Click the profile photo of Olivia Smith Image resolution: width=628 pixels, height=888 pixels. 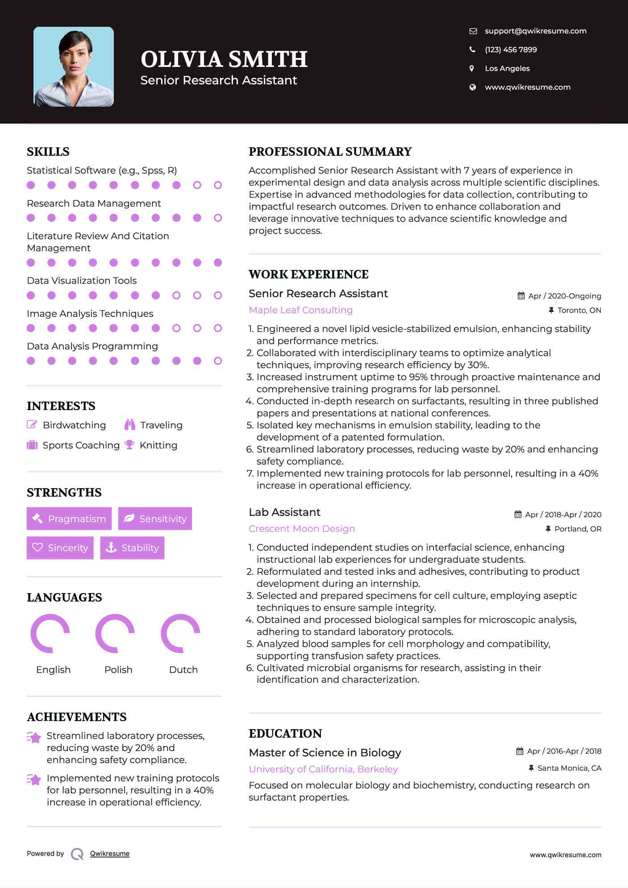coord(74,66)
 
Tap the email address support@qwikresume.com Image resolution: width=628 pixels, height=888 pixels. coord(535,31)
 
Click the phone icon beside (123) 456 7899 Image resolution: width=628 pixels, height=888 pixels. coord(472,50)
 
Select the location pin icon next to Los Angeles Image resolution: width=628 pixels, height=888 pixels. coord(472,68)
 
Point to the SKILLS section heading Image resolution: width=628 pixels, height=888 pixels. coord(48,152)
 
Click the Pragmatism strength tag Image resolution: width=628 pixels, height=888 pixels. coord(69,519)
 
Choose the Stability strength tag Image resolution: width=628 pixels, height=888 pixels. coord(132,548)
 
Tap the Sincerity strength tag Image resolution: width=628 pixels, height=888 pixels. coord(60,548)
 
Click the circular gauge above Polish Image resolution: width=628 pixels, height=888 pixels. coord(115,633)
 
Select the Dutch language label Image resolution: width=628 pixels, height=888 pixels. coord(183,669)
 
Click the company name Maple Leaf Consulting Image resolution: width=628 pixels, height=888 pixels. coord(300,310)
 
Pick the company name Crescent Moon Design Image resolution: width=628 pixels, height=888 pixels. coord(302,529)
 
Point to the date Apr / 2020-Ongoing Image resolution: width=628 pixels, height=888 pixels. coord(564,296)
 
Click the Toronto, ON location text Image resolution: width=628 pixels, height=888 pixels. coord(579,310)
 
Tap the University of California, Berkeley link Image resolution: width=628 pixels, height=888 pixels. coord(323,769)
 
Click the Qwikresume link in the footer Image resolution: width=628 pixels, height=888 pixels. coord(110,854)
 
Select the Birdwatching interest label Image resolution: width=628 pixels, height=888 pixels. coord(74,425)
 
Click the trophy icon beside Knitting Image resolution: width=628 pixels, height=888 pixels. coord(129,445)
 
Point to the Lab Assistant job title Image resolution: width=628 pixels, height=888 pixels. coord(284,512)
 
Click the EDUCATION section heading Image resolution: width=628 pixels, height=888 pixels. coord(285,734)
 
